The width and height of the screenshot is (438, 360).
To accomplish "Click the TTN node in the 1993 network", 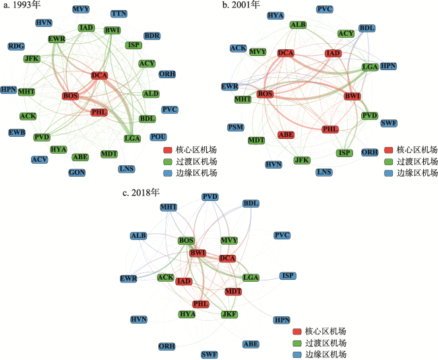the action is click(119, 13).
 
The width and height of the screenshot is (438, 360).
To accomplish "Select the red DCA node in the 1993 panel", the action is click(100, 76).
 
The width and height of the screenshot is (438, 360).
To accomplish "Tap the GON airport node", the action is click(77, 173).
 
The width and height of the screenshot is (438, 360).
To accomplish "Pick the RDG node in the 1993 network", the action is click(16, 46).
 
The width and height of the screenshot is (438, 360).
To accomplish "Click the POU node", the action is click(158, 137).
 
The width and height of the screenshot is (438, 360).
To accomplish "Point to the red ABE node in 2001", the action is click(286, 135).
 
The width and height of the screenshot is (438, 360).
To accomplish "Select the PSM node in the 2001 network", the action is click(236, 127).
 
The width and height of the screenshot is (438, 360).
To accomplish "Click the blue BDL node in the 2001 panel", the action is click(367, 28).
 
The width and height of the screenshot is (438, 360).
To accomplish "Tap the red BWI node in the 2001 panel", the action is click(352, 96).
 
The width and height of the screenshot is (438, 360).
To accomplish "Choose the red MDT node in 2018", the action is click(233, 291).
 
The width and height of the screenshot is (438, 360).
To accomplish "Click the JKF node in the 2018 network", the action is click(229, 314).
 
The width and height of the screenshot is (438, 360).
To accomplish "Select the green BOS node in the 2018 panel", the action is click(186, 241).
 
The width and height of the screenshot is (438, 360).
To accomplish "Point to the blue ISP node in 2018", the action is click(288, 276).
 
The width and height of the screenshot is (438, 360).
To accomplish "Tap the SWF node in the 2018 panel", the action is click(209, 355).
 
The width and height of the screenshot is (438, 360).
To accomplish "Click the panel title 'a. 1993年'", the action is click(22, 5).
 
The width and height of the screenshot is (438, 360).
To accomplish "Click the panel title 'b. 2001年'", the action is click(241, 5).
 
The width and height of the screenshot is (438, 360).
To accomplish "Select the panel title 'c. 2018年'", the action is click(141, 193).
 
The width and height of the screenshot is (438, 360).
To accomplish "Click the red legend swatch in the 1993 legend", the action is click(168, 150).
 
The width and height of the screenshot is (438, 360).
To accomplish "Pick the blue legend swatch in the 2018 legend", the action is click(297, 355).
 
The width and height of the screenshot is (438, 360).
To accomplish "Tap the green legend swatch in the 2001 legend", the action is click(389, 162).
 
